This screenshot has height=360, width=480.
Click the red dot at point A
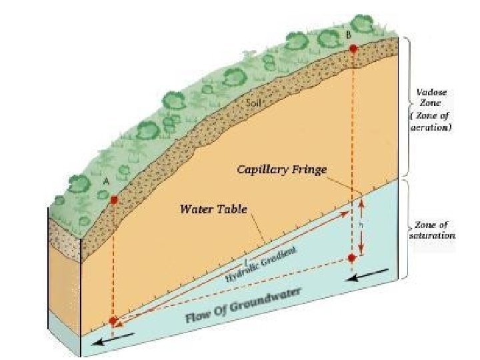coord(114,200)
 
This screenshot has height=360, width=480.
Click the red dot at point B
coord(353,48)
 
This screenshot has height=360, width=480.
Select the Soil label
coord(254,104)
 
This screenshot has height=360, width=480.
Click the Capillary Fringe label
coord(282,170)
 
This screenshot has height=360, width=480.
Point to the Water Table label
coord(214,209)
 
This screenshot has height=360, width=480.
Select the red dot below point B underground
coord(353,257)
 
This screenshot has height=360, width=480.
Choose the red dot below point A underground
coord(113,321)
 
